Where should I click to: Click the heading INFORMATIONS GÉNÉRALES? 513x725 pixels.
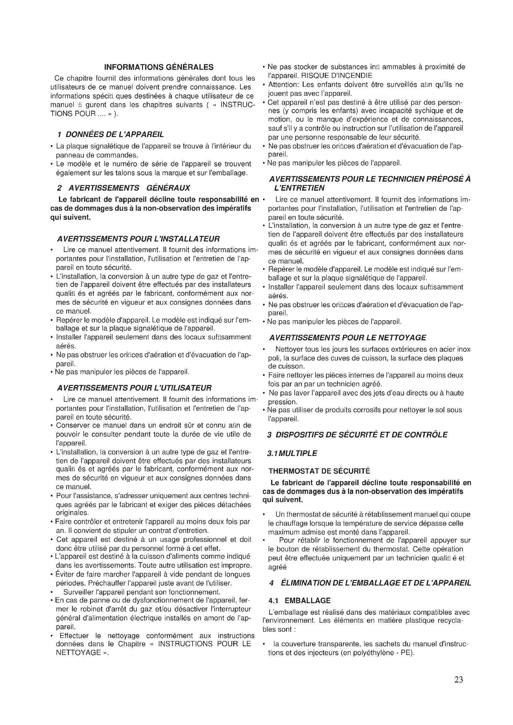(x=158, y=67)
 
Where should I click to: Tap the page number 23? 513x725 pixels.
(x=458, y=679)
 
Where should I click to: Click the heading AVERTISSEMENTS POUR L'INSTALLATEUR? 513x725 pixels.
(x=138, y=239)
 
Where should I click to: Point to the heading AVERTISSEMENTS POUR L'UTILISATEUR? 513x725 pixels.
(x=134, y=388)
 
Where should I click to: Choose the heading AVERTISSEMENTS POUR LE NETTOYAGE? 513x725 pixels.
(x=347, y=338)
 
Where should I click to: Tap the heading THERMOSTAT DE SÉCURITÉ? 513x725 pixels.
(x=319, y=471)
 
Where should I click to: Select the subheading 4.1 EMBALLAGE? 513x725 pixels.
(x=300, y=601)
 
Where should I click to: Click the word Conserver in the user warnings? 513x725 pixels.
(x=71, y=425)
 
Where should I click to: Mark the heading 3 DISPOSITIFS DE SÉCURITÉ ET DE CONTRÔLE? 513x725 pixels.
(x=357, y=435)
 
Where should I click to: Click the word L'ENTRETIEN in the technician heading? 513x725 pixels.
(x=299, y=188)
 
